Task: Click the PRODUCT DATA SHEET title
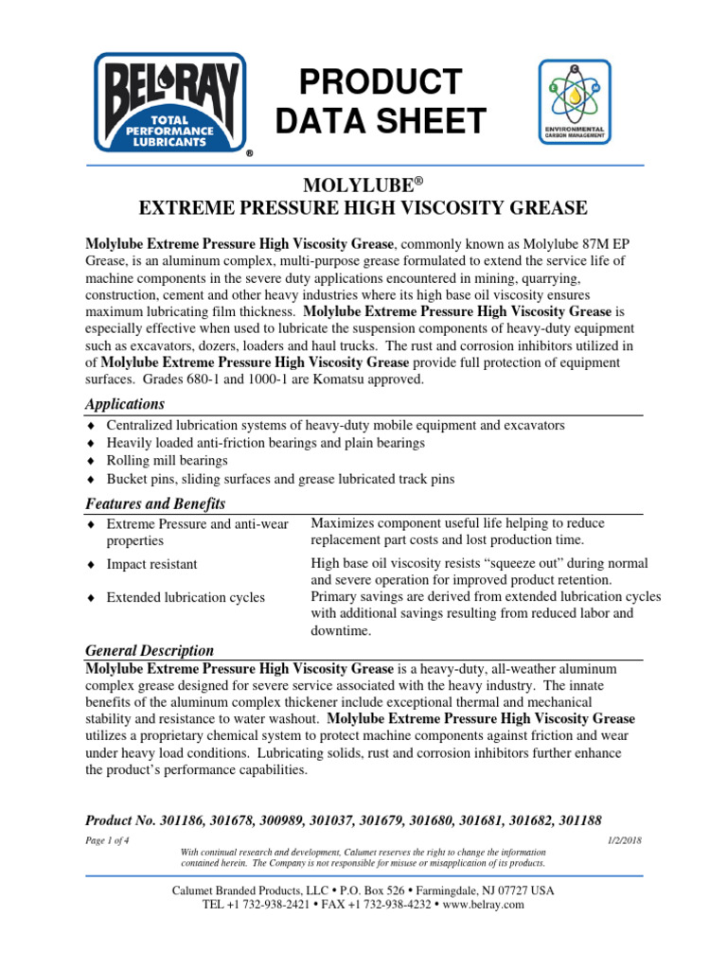click(x=380, y=101)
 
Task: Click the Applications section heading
click(x=124, y=404)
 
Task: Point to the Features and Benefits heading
click(x=155, y=503)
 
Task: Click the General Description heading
click(x=150, y=651)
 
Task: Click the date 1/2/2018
click(x=621, y=841)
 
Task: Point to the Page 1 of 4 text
click(x=108, y=841)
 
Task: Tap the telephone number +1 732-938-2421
click(x=261, y=905)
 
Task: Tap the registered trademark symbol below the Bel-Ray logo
click(x=249, y=152)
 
